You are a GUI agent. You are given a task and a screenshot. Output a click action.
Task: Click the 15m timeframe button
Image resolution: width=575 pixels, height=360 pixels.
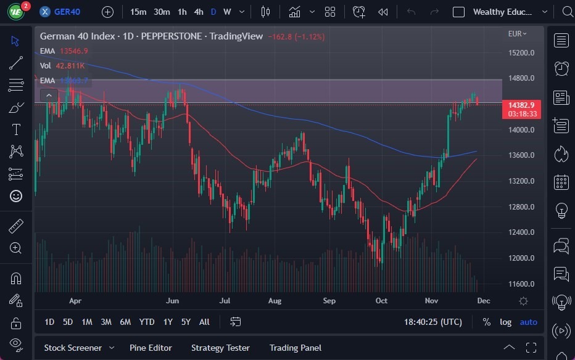[x=138, y=12]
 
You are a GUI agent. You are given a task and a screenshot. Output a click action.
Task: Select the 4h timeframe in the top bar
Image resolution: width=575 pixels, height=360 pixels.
[x=198, y=12]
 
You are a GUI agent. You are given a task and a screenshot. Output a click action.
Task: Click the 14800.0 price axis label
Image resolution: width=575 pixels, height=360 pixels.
[x=521, y=78]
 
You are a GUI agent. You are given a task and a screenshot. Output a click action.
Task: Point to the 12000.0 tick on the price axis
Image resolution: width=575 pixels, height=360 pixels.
[x=521, y=258]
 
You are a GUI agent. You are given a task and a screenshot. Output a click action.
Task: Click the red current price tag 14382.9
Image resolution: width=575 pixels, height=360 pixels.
[x=521, y=105]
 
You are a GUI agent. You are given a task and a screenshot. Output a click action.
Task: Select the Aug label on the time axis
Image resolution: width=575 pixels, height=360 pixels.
[x=275, y=301]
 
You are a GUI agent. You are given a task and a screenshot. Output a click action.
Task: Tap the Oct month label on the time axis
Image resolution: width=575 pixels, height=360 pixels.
[x=381, y=301]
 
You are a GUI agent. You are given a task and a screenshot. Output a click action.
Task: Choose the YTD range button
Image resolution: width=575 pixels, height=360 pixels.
[x=147, y=322]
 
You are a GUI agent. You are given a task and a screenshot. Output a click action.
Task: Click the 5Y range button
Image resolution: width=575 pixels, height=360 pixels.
[x=186, y=322]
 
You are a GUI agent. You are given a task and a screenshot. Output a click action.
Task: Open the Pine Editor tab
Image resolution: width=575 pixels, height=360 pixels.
[x=151, y=348]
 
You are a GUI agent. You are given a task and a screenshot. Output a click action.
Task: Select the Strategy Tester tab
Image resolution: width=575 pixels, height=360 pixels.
[x=220, y=348]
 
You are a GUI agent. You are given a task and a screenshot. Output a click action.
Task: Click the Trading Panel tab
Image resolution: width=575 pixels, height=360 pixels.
[x=296, y=348]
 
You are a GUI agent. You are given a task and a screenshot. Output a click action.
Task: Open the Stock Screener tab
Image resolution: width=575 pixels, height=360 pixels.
[x=72, y=348]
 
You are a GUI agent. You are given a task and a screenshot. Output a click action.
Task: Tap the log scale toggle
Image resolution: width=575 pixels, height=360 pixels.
[x=505, y=322]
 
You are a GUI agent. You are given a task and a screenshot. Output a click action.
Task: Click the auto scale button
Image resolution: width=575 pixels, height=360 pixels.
[x=528, y=322]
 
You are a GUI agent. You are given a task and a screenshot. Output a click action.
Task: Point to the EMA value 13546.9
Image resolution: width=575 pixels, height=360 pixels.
[x=73, y=51]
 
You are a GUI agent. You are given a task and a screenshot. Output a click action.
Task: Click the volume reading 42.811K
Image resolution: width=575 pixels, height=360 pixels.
[x=70, y=65]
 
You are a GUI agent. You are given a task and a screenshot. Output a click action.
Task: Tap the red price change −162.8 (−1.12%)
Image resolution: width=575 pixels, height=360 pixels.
[x=296, y=36]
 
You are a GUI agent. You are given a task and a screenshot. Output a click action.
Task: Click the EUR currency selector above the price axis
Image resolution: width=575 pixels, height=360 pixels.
[x=517, y=34]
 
